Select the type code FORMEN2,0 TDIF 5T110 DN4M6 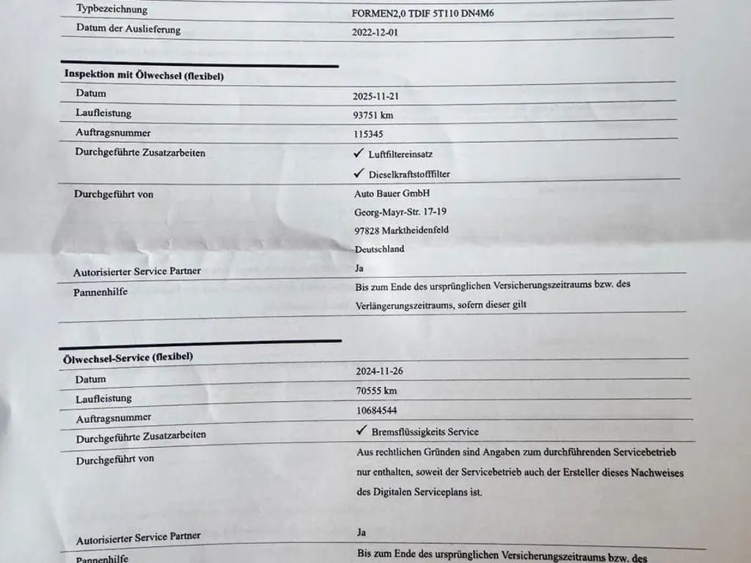[433, 12]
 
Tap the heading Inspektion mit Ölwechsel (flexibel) [144, 75]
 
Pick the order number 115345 [368, 134]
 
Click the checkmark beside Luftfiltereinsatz [358, 154]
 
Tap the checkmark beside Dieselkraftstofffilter [359, 174]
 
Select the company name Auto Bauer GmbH [392, 194]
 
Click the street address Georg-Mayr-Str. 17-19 [400, 212]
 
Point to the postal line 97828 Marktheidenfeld [401, 230]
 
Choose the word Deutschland [379, 249]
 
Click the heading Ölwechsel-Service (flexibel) [128, 358]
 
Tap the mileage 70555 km [376, 391]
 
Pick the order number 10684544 [377, 411]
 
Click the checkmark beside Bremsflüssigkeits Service [362, 431]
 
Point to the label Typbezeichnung [111, 10]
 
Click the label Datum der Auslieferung [128, 29]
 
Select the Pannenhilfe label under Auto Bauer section [100, 292]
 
